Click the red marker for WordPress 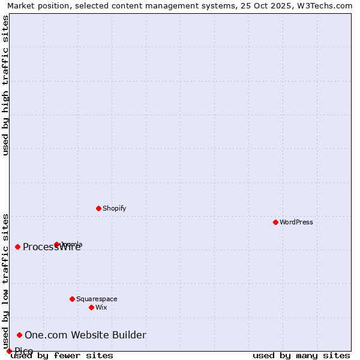point(275,222)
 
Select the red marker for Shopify point(98,208)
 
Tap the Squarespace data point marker point(72,299)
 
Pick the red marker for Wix point(91,307)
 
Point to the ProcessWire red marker point(17,247)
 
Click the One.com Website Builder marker point(19,335)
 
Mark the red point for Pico point(9,351)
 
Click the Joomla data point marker point(56,244)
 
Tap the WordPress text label point(296,222)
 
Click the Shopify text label point(114,208)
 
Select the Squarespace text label point(97,299)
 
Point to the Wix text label point(101,307)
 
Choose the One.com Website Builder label point(85,335)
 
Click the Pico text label point(24,351)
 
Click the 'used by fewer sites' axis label point(62,356)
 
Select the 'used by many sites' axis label point(301,356)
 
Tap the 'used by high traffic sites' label point(5,85)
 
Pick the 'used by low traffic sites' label point(5,281)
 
